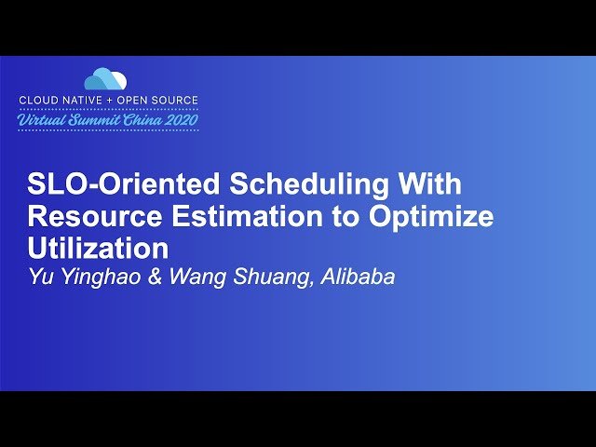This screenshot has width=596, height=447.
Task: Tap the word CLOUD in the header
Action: click(x=39, y=100)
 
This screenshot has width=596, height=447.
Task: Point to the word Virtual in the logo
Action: click(x=43, y=120)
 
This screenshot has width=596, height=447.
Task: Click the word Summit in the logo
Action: click(x=97, y=120)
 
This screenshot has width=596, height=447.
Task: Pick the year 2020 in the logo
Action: click(x=180, y=120)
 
